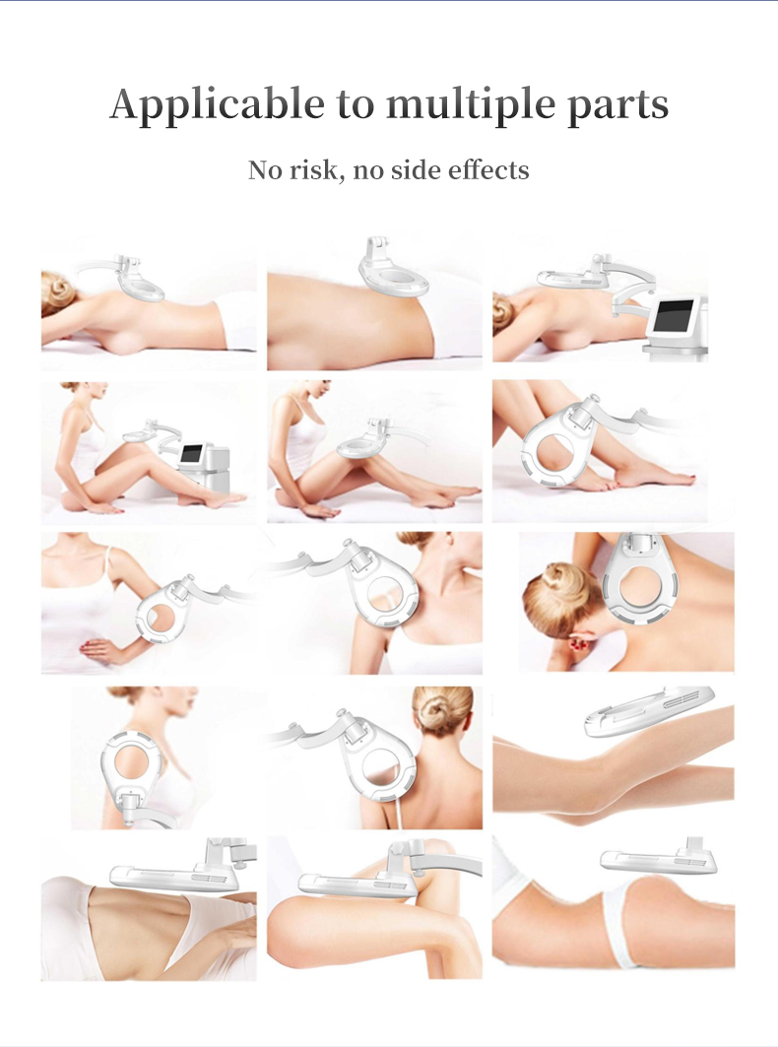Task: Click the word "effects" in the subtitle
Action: pyautogui.click(x=488, y=169)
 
